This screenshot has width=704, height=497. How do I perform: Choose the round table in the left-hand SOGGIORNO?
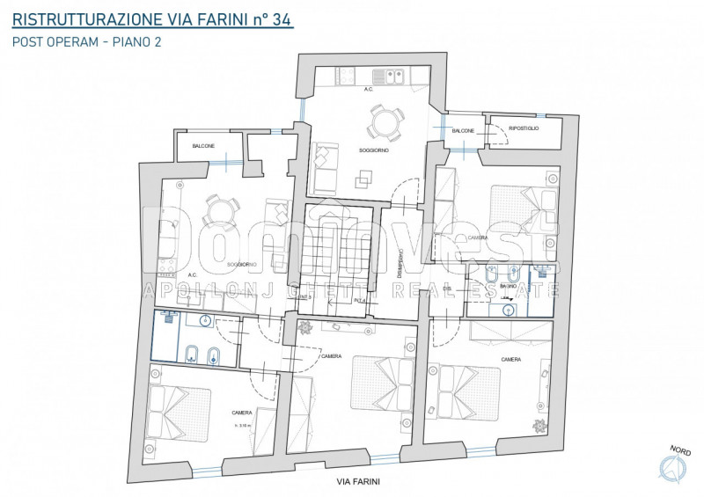coord(220,208)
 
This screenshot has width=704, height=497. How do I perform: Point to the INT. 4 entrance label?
coord(361,300)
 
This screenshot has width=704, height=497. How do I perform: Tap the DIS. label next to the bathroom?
coord(447,289)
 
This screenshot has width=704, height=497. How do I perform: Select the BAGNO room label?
coord(509,288)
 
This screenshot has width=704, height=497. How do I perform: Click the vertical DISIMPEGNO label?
coord(400,262)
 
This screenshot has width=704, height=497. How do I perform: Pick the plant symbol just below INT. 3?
coord(304,327)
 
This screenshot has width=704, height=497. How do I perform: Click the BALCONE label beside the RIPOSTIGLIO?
coord(464,131)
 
